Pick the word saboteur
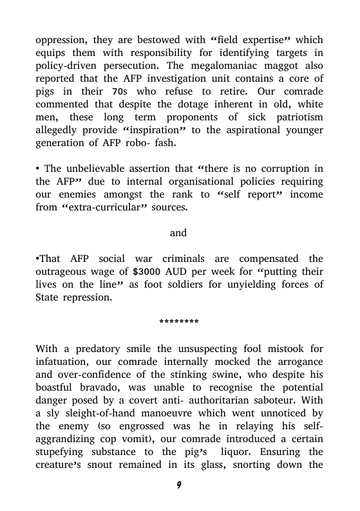(x=278, y=402)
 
